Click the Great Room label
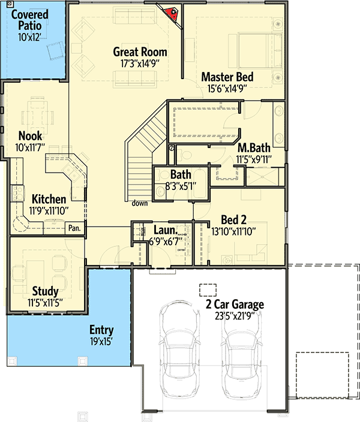click(x=140, y=52)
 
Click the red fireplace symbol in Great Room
click(x=171, y=11)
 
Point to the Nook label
click(x=30, y=136)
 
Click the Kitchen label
click(x=49, y=199)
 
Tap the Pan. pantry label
click(x=74, y=228)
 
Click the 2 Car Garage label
click(x=230, y=305)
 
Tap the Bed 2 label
click(x=235, y=219)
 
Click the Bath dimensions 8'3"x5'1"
click(x=181, y=186)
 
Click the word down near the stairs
click(x=140, y=203)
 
